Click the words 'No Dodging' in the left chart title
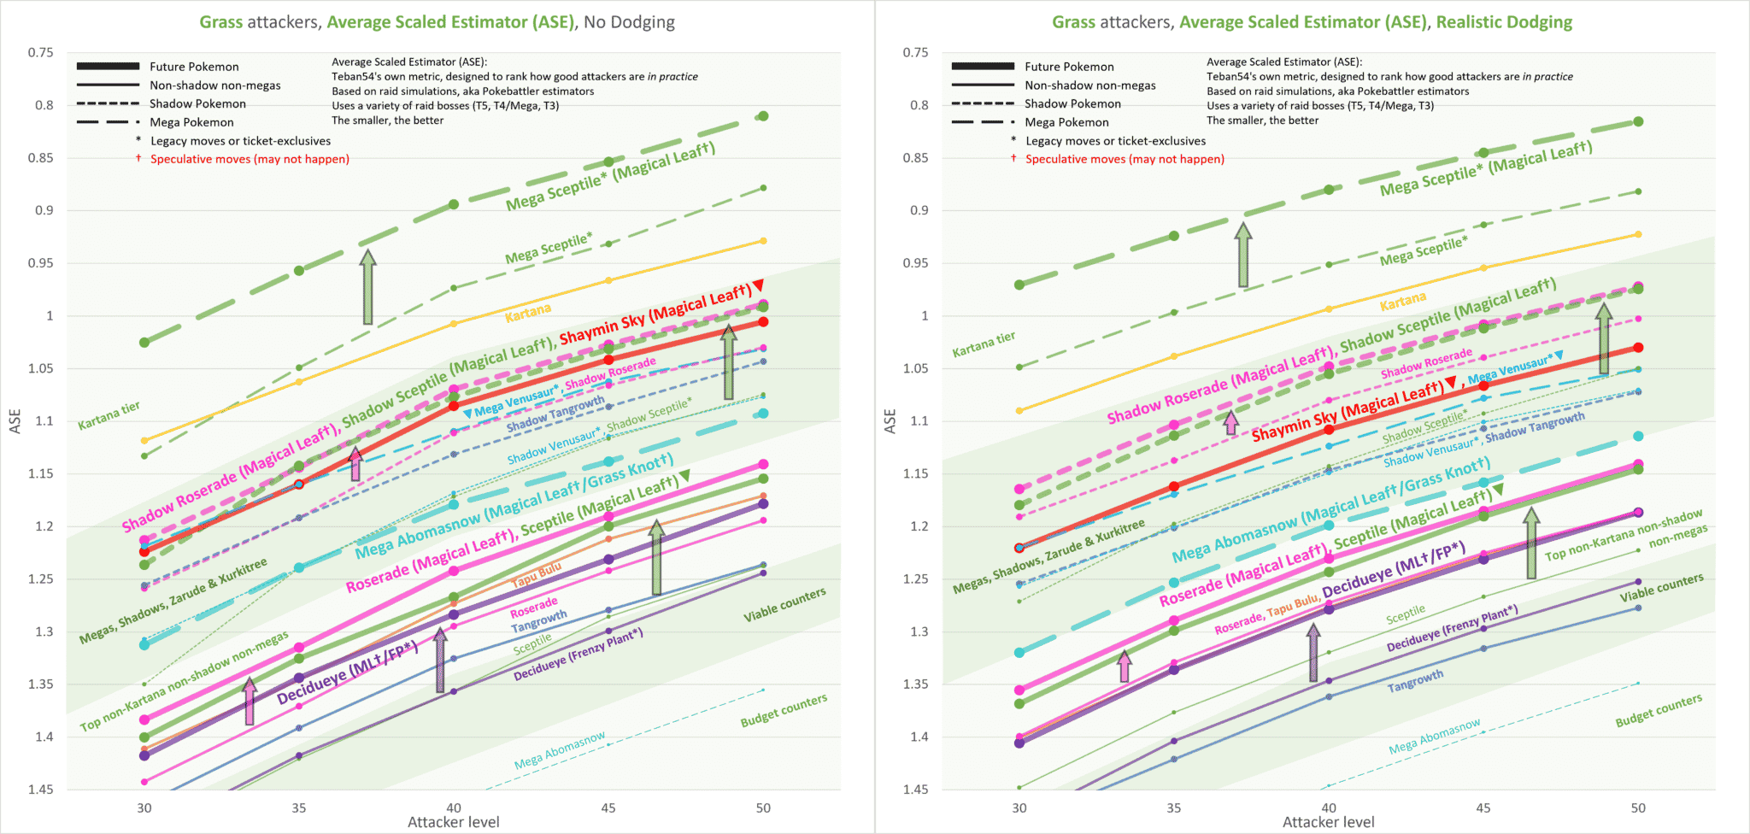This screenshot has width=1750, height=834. pos(629,22)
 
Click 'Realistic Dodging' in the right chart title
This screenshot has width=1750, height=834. pos(1504,22)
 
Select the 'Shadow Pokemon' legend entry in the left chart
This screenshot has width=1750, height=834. pos(197,103)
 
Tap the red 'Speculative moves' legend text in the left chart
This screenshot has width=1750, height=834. pos(250,159)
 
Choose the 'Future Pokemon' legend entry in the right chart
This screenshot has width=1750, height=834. pos(1069,67)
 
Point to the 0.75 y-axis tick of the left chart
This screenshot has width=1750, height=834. pos(40,53)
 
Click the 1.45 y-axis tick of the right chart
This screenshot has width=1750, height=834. pos(915,790)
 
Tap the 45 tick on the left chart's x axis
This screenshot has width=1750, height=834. pos(608,808)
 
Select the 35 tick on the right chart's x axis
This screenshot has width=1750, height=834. pos(1174,808)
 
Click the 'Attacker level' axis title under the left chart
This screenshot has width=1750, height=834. pos(453,822)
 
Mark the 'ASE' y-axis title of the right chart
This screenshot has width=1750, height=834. pos(890,420)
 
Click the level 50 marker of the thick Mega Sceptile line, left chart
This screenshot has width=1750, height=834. pos(763,116)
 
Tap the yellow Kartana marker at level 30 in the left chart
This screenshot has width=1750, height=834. pos(144,441)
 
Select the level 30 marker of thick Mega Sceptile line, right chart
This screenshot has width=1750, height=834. pos(1019,285)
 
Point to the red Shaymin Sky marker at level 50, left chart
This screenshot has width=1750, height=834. pos(763,322)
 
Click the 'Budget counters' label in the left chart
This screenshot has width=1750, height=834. pos(784,711)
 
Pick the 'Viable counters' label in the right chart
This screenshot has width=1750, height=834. pos(1661,588)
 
